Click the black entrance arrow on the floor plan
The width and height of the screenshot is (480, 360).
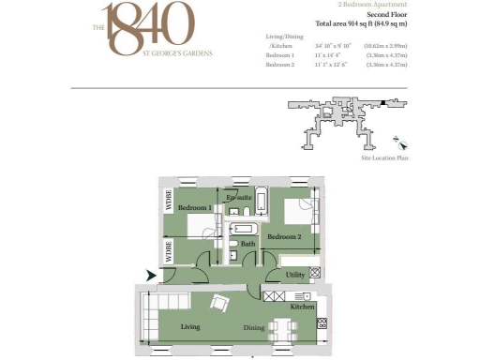coord(151,276)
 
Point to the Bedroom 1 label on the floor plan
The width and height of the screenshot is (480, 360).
coord(195,206)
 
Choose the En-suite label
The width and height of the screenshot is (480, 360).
coord(238,198)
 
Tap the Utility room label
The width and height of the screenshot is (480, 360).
coord(295,276)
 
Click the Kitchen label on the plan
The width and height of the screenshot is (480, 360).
coord(301,307)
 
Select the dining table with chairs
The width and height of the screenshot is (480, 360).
coord(280,328)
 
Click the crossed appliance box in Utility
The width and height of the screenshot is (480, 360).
coord(316,272)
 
